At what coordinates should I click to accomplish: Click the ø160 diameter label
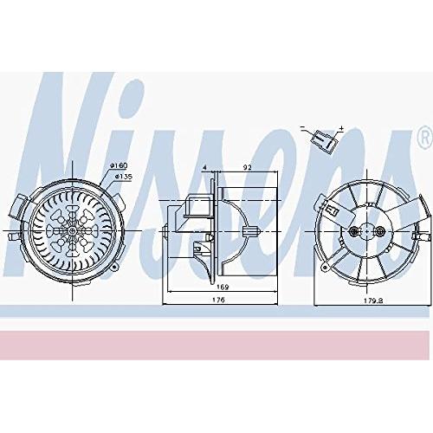pyautogui.click(x=119, y=165)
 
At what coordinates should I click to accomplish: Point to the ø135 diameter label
pyautogui.click(x=124, y=177)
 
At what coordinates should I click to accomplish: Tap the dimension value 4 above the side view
pyautogui.click(x=205, y=167)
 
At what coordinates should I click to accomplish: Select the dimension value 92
pyautogui.click(x=248, y=167)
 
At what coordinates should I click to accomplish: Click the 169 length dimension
pyautogui.click(x=223, y=287)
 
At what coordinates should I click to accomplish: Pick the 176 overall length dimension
pyautogui.click(x=220, y=300)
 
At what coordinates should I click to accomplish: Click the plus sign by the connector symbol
pyautogui.click(x=341, y=127)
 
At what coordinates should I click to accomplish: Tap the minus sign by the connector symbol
pyautogui.click(x=302, y=127)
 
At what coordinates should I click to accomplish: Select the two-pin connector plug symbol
pyautogui.click(x=325, y=139)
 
